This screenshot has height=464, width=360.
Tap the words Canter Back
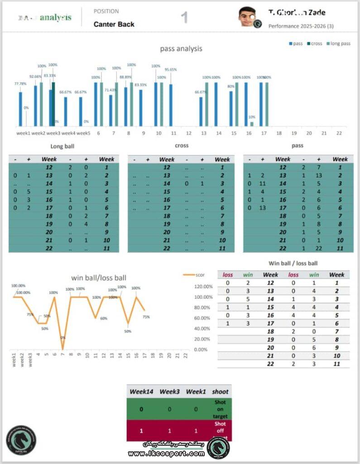[114, 24]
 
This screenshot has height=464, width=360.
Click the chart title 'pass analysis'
[181, 48]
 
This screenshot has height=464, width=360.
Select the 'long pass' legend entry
[338, 43]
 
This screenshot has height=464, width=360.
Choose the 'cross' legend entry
[314, 43]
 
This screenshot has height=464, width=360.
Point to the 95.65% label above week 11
[171, 69]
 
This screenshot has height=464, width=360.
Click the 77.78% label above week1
[20, 83]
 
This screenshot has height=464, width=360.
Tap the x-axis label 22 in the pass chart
[339, 133]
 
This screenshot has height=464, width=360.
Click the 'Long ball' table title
[62, 146]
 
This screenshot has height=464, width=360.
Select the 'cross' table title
[182, 145]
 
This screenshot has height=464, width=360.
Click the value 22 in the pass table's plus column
[319, 248]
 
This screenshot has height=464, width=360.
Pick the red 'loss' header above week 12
[227, 275]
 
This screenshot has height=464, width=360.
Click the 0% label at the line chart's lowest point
[63, 337]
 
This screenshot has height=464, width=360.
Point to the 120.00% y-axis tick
[203, 286]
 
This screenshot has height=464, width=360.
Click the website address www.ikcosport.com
[166, 454]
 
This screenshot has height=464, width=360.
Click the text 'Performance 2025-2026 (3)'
[301, 26]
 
